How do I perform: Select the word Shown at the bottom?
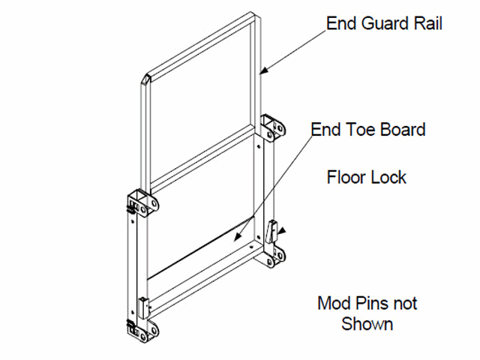coord(367,324)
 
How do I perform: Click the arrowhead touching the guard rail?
coord(262,72)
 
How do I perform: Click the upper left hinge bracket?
coord(142,202)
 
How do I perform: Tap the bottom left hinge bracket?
coord(142,330)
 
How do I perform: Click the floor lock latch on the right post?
coord(272,229)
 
